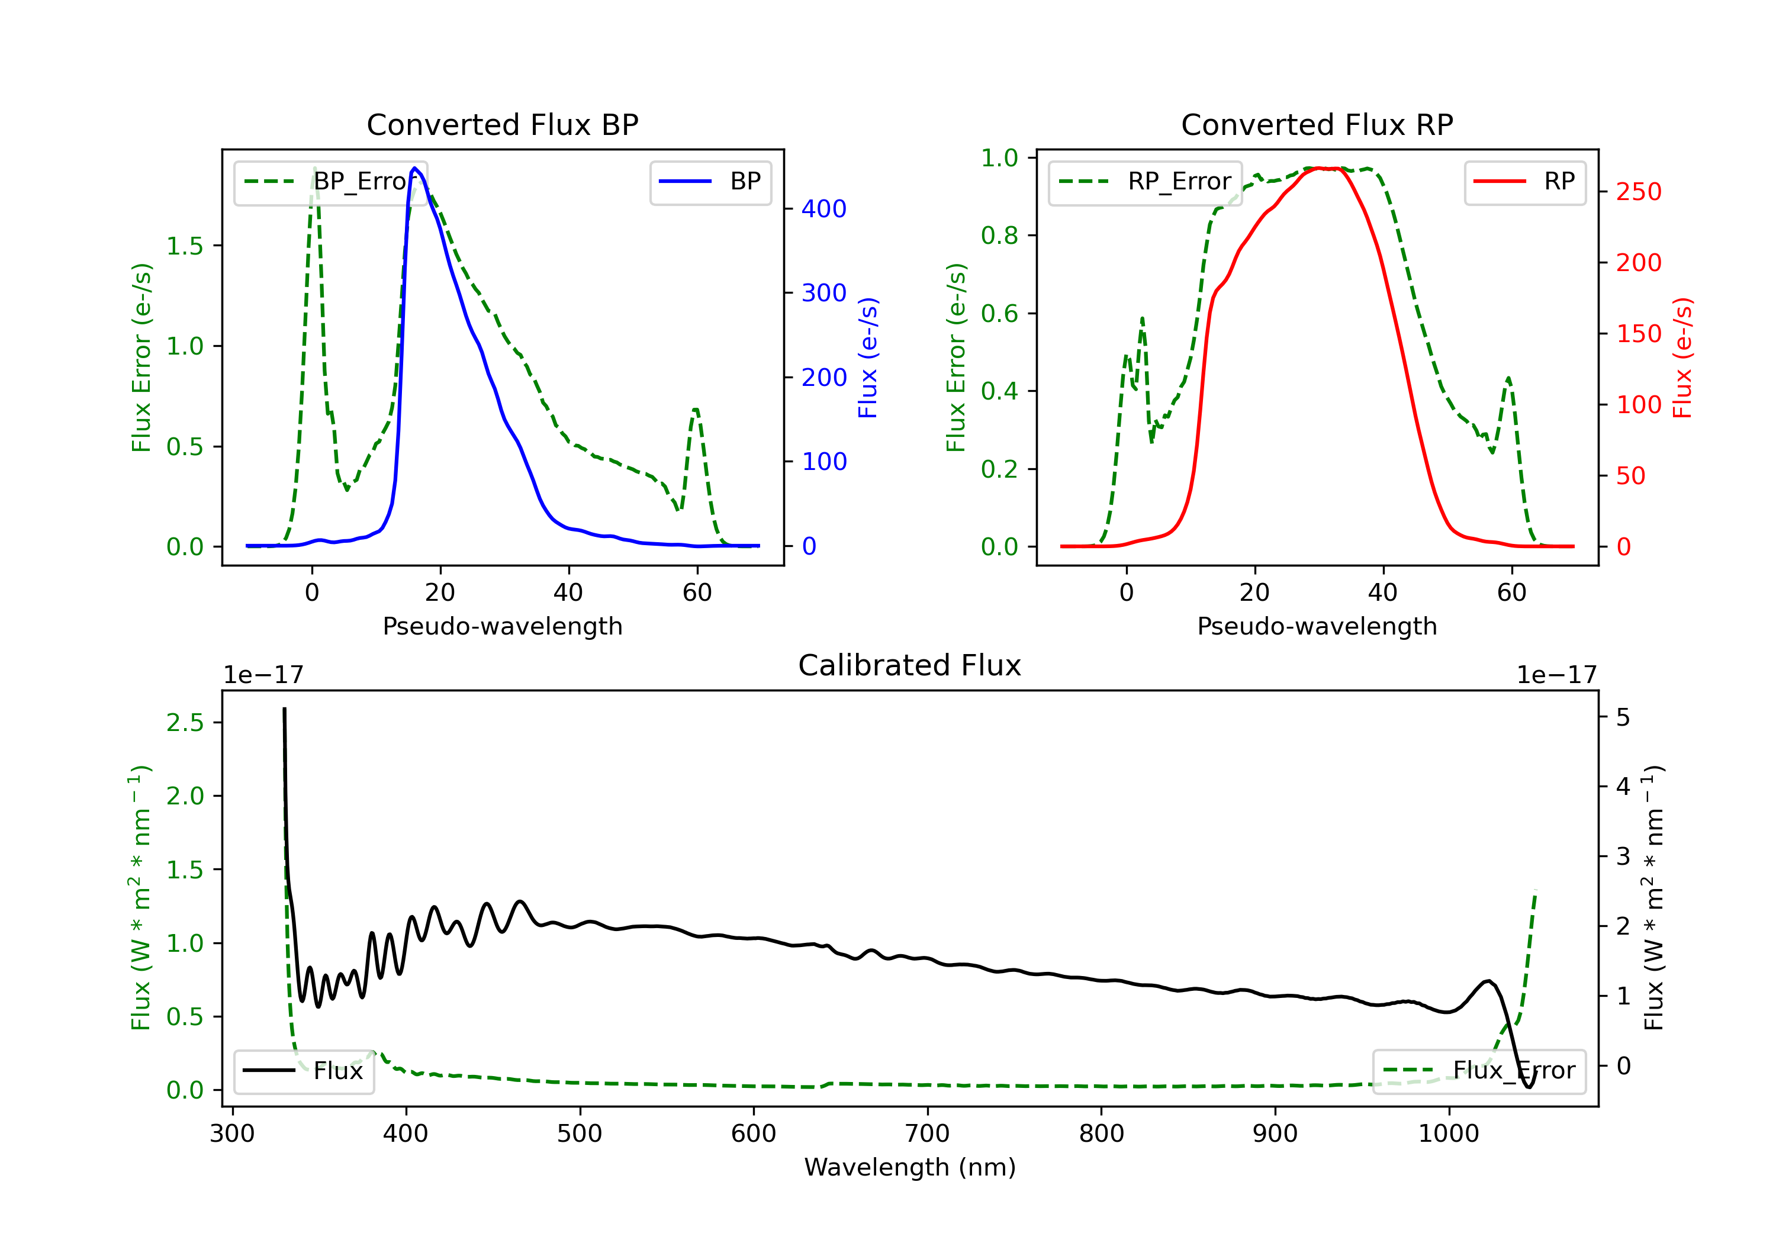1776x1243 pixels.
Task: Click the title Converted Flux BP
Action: coord(502,124)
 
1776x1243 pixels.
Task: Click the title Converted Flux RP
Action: coord(1317,124)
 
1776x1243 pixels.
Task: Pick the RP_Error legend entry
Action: coord(1146,182)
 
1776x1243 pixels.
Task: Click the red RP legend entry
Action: coord(1524,182)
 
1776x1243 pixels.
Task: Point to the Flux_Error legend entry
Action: coord(1478,1071)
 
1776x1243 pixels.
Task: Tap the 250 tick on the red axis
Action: coord(1638,192)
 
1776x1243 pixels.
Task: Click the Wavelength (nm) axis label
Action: coord(910,1167)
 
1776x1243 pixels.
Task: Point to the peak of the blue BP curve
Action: coord(414,168)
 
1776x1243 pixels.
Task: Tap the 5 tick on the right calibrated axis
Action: coord(1623,718)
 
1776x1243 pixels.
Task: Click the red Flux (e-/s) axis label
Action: coord(1682,358)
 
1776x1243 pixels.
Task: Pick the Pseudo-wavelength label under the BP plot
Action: coord(502,626)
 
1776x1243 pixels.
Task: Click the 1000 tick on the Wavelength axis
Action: coord(1448,1134)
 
